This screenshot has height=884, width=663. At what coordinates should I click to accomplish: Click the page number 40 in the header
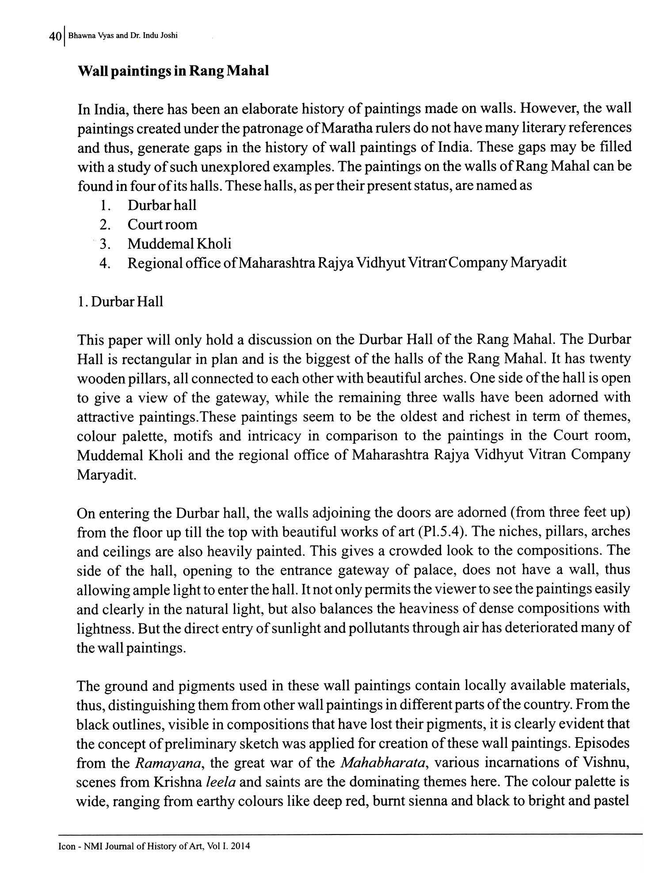(x=56, y=37)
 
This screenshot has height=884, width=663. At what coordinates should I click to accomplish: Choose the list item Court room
(x=162, y=225)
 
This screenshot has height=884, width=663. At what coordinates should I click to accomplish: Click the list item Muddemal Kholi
(x=179, y=244)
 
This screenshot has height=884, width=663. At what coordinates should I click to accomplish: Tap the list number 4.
(x=105, y=263)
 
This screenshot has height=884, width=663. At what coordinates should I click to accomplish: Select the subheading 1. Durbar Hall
(x=120, y=302)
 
